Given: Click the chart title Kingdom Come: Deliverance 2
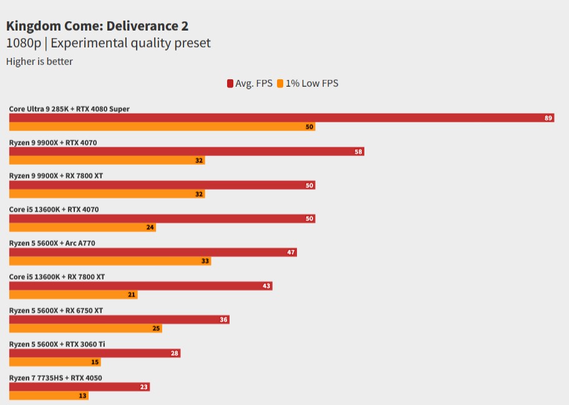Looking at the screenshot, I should click(x=97, y=26).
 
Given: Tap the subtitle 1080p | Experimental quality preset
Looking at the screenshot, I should click(x=108, y=43).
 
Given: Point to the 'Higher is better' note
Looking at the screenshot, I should click(x=39, y=61).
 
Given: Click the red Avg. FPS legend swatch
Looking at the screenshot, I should click(x=230, y=84).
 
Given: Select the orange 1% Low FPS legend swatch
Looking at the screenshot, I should click(x=281, y=84).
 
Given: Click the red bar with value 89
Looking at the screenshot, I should click(x=281, y=118).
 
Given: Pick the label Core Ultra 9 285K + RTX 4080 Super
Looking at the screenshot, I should click(x=69, y=109).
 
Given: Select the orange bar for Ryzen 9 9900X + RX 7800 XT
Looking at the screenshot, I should click(x=107, y=194).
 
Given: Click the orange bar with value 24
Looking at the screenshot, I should click(x=82, y=228).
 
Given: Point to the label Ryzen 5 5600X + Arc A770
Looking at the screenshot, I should click(x=52, y=243).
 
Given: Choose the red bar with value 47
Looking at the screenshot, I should click(x=152, y=252).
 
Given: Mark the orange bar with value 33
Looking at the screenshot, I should click(x=110, y=261).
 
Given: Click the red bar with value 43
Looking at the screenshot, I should click(x=140, y=286).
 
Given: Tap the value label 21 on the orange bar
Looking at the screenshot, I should click(x=132, y=295).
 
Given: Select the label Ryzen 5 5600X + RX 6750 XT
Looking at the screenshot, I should click(x=56, y=310).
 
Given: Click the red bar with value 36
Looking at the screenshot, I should click(x=119, y=320).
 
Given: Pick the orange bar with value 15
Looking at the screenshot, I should click(x=54, y=362).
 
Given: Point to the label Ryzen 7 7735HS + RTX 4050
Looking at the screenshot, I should click(x=56, y=378).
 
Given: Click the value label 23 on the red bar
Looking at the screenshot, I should click(x=144, y=387).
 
